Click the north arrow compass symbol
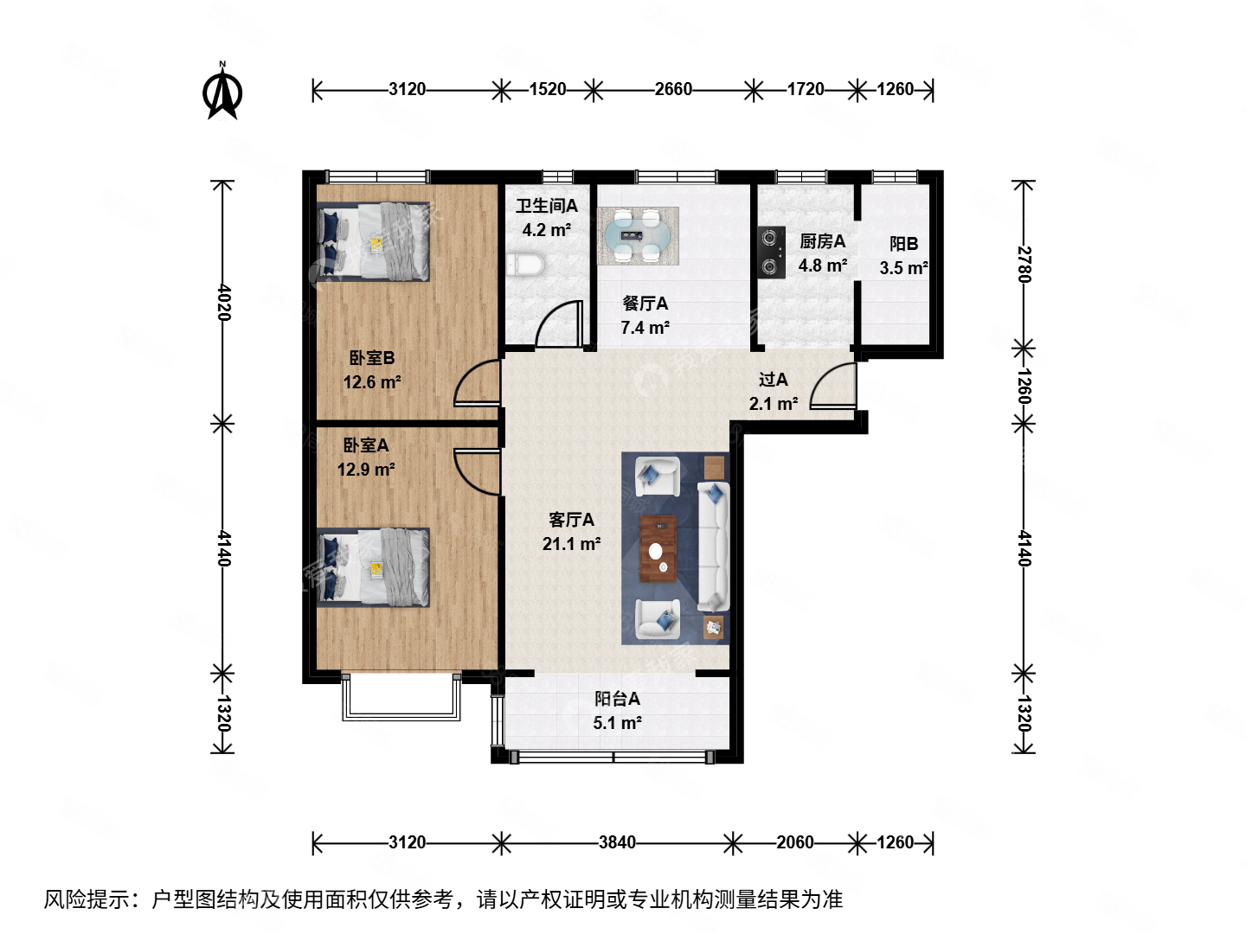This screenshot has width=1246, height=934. click(222, 92)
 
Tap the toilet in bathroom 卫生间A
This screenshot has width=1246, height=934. click(523, 265)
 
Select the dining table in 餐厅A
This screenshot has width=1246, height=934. click(638, 234)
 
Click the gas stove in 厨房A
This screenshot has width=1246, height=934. click(770, 252)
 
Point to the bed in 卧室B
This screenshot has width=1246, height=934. click(374, 242)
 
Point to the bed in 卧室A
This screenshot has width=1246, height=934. click(374, 567)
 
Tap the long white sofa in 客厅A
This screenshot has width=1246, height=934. click(714, 545)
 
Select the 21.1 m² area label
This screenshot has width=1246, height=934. click(571, 544)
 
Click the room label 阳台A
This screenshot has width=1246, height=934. click(617, 699)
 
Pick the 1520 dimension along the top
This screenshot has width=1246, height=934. click(547, 89)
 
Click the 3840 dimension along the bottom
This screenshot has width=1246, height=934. click(617, 842)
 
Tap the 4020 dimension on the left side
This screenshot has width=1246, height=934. click(223, 302)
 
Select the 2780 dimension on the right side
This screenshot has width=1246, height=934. click(1024, 264)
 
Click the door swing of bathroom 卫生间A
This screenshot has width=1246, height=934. click(561, 325)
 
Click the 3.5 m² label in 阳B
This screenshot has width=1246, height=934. click(903, 268)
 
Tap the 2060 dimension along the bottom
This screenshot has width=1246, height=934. click(794, 842)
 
